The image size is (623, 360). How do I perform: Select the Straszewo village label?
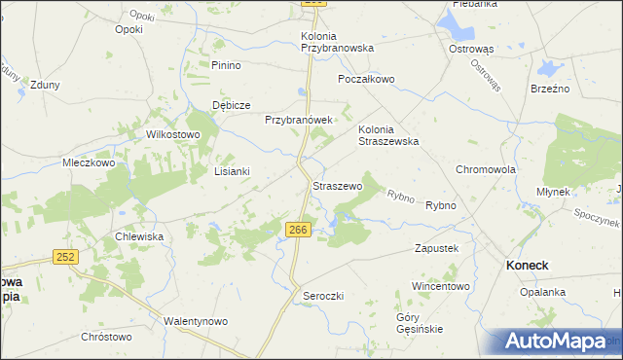338,185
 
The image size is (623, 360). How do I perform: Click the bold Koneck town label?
526,265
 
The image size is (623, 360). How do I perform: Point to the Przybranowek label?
299,120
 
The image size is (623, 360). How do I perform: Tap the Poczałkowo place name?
366,79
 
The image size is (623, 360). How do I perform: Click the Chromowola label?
485,168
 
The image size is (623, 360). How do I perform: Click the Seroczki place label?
323,295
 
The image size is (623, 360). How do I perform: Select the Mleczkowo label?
89,163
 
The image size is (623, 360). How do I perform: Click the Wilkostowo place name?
172,134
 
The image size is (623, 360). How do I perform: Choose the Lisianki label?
232,171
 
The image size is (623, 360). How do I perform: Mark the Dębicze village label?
232,105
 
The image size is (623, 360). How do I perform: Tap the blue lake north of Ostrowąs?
456,22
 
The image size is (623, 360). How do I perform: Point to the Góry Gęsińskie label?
421,323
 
